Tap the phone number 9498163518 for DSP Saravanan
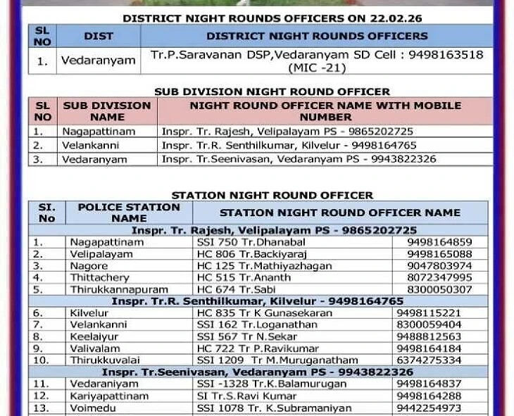pos(449,54)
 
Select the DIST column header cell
pos(99,36)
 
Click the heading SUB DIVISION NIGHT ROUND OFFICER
pos(272,92)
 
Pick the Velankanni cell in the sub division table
pos(91,146)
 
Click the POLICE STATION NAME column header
pos(129,213)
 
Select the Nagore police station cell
pos(89,266)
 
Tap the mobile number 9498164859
pos(439,242)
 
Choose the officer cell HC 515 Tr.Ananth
pos(234,278)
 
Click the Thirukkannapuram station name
pos(118,289)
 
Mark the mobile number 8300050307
pos(439,289)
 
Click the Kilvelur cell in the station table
pos(89,313)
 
